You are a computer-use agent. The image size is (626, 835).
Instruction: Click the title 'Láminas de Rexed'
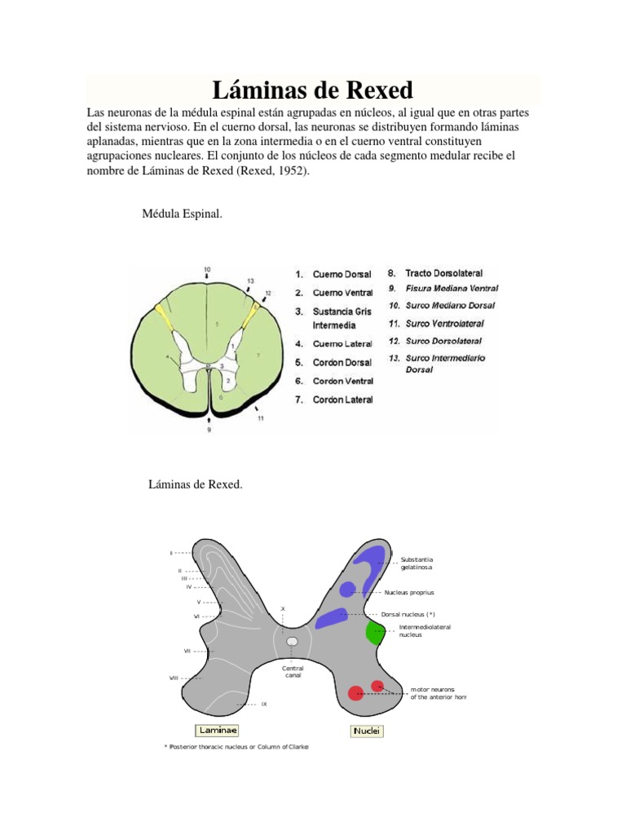[x=312, y=90]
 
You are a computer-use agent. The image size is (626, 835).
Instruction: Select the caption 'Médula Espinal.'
[x=182, y=214]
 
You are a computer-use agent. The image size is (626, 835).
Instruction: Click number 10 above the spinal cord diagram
[x=207, y=269]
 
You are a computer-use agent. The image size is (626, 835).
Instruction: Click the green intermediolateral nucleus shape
[x=376, y=631]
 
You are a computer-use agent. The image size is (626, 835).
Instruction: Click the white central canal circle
[x=292, y=642]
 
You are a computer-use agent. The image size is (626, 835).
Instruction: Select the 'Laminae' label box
[x=213, y=731]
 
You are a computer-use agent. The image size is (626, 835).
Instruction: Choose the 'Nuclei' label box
[x=367, y=731]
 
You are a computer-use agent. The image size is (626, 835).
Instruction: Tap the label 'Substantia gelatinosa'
[x=417, y=563]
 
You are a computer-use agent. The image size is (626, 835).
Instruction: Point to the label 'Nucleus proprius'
[x=415, y=593]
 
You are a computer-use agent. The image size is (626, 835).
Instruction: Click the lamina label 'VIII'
[x=174, y=678]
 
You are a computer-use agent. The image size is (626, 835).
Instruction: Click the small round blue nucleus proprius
[x=348, y=589]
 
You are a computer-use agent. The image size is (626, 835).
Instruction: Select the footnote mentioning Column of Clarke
[x=236, y=747]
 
